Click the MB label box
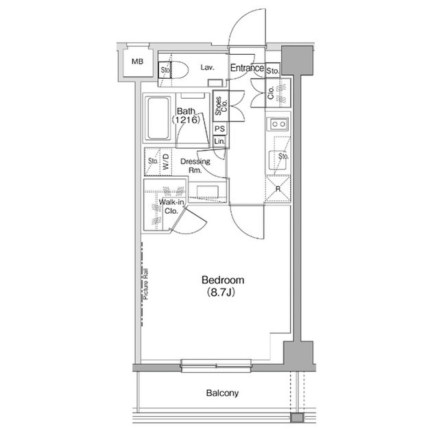pyautogui.click(x=138, y=62)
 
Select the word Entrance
pyautogui.click(x=247, y=68)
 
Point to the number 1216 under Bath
pyautogui.click(x=186, y=120)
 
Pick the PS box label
pyautogui.click(x=219, y=129)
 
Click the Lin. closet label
pyautogui.click(x=219, y=141)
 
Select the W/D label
pyautogui.click(x=166, y=162)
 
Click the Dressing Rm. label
pyautogui.click(x=195, y=166)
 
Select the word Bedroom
pyautogui.click(x=222, y=280)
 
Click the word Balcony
pyautogui.click(x=222, y=393)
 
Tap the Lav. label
pyautogui.click(x=209, y=68)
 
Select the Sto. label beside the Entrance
pyautogui.click(x=272, y=71)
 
